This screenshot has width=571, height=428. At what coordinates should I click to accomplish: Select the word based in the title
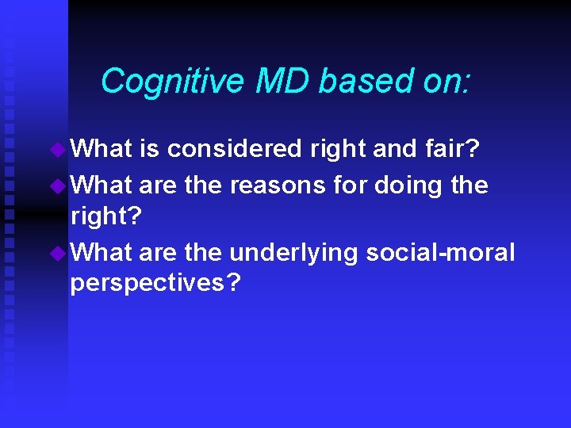tap(355, 82)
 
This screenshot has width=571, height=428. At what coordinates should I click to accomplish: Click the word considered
tap(235, 149)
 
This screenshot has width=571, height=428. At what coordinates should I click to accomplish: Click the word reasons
tap(277, 185)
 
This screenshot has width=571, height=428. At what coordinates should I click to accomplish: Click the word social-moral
tap(440, 253)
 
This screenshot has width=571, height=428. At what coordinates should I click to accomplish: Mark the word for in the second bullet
tap(350, 185)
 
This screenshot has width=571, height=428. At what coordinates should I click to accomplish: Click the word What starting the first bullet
tap(102, 149)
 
